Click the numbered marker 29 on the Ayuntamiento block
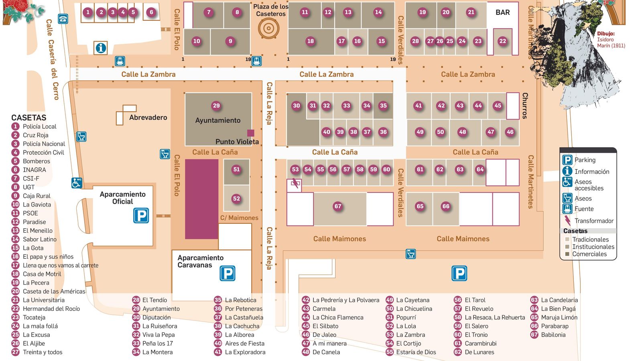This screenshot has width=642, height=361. tap(216, 105)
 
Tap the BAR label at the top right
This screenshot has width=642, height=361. tap(502, 12)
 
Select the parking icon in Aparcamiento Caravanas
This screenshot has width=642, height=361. tap(228, 274)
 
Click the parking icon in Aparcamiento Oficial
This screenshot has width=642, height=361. tap(141, 215)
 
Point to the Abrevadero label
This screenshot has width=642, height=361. tap(148, 118)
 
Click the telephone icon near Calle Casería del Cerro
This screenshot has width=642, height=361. tap(63, 19)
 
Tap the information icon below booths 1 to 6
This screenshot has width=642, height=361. tap(101, 48)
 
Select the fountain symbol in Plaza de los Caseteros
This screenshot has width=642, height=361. tap(268, 28)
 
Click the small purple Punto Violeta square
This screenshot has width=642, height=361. tap(251, 133)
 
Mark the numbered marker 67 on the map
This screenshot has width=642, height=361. tap(338, 206)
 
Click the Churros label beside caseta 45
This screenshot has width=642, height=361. tap(525, 105)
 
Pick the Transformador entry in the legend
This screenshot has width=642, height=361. tap(593, 221)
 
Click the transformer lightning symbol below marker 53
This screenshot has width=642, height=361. tap(295, 184)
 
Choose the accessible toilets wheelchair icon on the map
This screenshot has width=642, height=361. tap(77, 183)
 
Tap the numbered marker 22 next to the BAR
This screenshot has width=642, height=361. tap(502, 41)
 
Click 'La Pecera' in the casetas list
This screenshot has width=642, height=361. tap(36, 283)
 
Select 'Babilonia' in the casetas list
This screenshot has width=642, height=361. tap(553, 335)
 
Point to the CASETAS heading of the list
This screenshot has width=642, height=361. tap(28, 118)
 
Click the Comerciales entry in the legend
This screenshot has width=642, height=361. tap(589, 254)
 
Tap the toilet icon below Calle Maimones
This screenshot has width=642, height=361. tap(410, 254)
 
